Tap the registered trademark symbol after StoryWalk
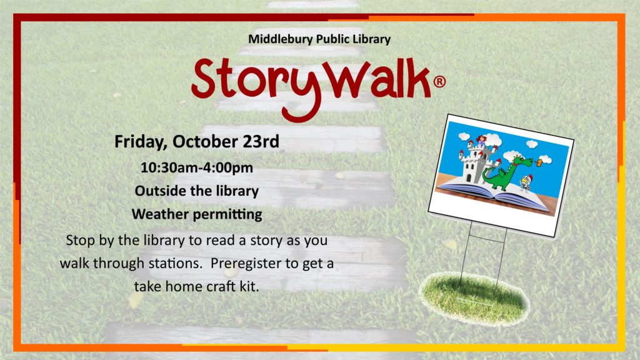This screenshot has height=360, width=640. (x=439, y=82)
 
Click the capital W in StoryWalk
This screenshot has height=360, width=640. (x=349, y=79)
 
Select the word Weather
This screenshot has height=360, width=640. (x=160, y=214)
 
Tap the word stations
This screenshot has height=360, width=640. (x=175, y=263)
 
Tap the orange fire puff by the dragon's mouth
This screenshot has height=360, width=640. (x=539, y=163)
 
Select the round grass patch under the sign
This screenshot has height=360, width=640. (x=474, y=299)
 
